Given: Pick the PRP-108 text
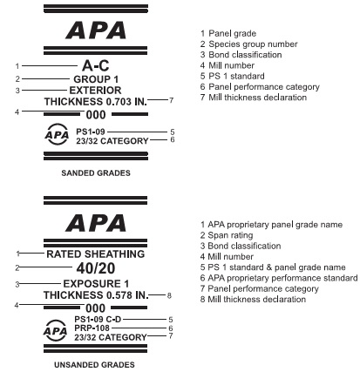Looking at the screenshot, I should tap(93, 328).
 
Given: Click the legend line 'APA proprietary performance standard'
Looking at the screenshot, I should tap(276, 278).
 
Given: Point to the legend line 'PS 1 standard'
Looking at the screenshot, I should tap(234, 77).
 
